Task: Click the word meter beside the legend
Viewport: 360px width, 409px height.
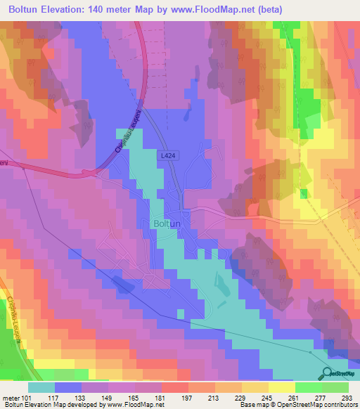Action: tap(10, 397)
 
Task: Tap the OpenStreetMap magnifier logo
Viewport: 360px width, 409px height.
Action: tap(328, 373)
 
